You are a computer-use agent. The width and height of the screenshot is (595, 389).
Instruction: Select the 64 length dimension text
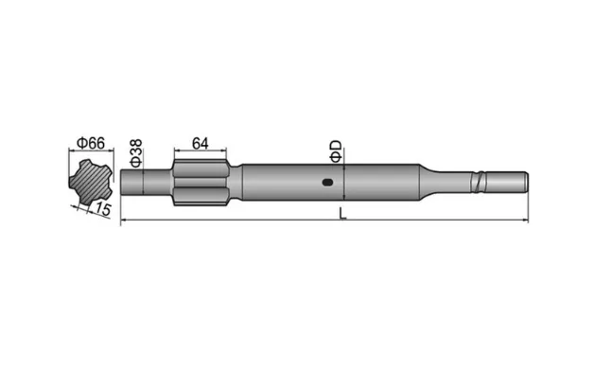(200, 142)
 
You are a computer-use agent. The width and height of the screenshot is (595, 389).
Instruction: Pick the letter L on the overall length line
(342, 214)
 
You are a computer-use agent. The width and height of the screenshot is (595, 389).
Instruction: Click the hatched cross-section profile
(91, 180)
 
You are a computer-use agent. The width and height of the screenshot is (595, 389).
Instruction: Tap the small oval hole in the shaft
(326, 183)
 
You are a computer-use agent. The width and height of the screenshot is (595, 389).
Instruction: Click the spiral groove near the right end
(486, 179)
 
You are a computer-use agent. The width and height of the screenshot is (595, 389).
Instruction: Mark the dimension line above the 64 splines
(200, 151)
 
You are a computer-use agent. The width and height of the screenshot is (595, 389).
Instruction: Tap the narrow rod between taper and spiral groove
(454, 179)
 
